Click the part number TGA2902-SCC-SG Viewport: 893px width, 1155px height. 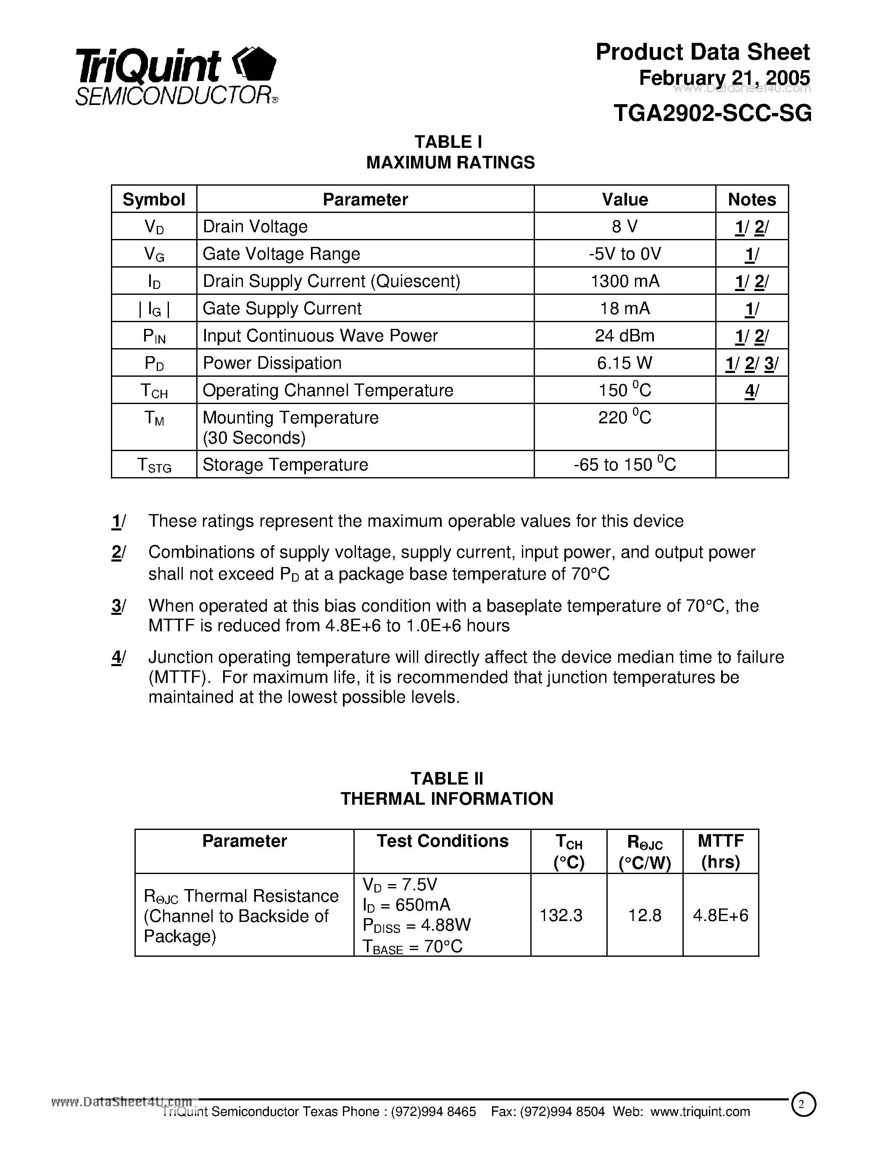pos(712,113)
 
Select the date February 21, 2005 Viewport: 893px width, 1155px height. pos(724,78)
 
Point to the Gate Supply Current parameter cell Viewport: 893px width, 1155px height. pos(282,309)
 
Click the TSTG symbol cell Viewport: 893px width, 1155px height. pos(154,465)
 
